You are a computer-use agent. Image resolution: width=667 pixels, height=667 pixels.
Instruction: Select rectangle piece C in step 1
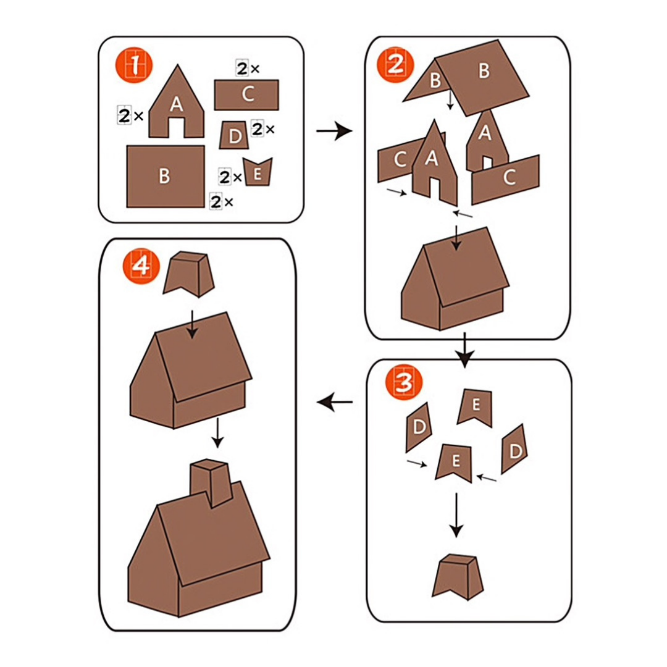[x=246, y=94]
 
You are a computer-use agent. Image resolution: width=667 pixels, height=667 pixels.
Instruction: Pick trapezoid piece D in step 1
[x=233, y=135]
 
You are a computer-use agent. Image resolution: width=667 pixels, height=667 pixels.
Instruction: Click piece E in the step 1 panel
[x=258, y=173]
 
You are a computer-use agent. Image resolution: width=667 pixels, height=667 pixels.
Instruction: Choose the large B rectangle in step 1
[x=165, y=176]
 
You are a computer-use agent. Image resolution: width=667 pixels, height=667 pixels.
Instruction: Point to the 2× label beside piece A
[x=130, y=115]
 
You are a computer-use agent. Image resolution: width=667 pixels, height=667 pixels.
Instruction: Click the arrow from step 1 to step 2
[x=333, y=131]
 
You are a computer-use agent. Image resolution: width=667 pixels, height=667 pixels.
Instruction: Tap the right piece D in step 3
[x=514, y=449]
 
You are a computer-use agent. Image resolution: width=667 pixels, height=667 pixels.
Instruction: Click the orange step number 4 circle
[x=140, y=266]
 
